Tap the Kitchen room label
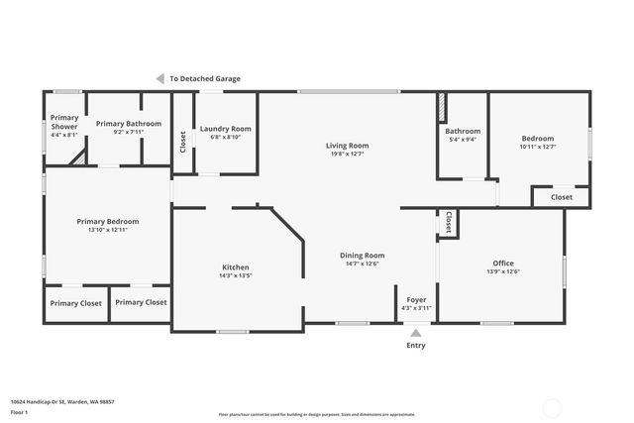point(236,267)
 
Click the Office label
point(503,263)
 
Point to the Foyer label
point(416,300)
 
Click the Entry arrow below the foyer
point(415,332)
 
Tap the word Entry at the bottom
point(416,346)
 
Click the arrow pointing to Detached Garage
point(159,79)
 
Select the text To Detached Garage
point(205,79)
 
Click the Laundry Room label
point(226,129)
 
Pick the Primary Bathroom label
point(129,124)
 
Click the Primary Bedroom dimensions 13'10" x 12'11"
point(108,230)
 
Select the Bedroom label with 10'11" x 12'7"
point(538,139)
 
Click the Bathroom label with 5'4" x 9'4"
point(463,131)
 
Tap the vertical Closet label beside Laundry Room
point(182,142)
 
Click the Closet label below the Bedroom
point(562,197)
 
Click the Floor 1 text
point(20,411)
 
